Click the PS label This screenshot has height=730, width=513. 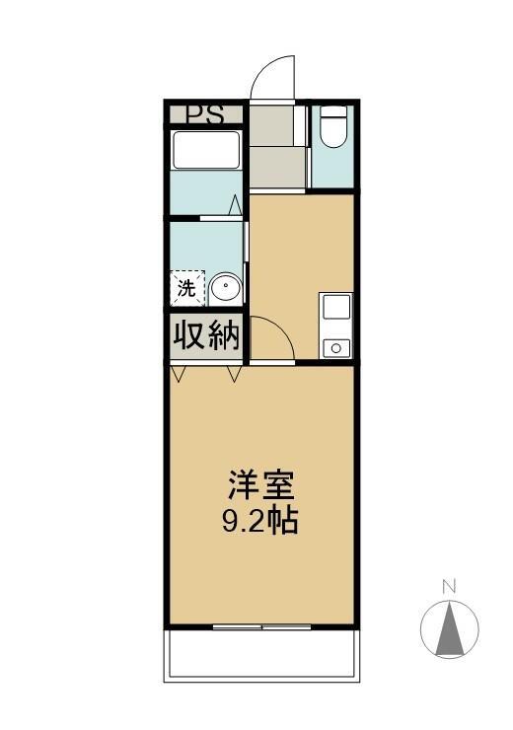pos(205,114)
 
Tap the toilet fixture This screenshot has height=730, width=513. pos(333,126)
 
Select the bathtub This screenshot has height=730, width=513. pos(206,150)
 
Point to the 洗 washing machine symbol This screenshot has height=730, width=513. pos(187,289)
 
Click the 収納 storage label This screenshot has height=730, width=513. pos(206,335)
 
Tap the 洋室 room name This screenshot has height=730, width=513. pos(260,485)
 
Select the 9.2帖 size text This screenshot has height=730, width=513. pos(260,521)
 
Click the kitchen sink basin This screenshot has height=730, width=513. pos(336,307)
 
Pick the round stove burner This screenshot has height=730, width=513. pos(336,348)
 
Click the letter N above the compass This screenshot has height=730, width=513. pos(449,587)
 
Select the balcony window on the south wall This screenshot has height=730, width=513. pos(261,627)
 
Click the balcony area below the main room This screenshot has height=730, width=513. pos(261,655)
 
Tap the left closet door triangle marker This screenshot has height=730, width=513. pos(179,373)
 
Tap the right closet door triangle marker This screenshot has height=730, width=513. pos(235,373)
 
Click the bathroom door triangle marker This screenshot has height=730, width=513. pos(236,205)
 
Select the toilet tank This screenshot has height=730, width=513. pos(333,111)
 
